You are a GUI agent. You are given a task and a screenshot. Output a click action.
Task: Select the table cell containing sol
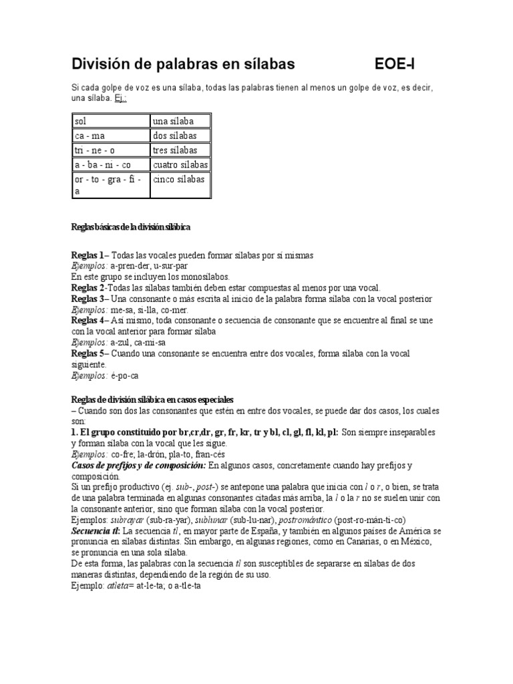110,121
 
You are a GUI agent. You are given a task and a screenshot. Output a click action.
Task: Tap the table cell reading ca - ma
110,135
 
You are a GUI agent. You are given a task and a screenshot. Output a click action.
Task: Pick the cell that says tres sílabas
180,150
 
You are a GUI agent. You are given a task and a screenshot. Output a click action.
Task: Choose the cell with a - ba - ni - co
110,164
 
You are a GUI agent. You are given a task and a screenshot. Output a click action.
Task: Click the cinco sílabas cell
180,179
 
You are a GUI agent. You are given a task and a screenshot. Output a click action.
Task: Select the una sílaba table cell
180,121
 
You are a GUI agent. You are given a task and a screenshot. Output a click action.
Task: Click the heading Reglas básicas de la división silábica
131,227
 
